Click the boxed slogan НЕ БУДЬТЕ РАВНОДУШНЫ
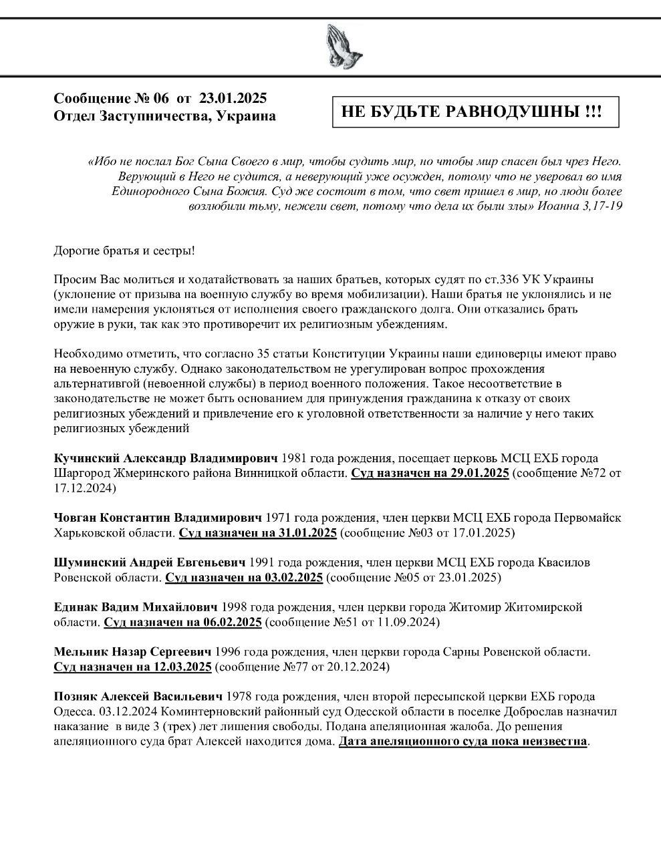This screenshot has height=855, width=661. [x=472, y=112]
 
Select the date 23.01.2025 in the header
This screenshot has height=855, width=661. [x=233, y=98]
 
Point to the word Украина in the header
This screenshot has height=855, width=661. [x=247, y=116]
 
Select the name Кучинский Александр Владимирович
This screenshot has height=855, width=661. [x=165, y=458]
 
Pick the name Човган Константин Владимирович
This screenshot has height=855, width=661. [x=158, y=518]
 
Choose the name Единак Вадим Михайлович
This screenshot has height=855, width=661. [x=136, y=607]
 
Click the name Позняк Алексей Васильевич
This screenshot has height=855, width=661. [x=138, y=696]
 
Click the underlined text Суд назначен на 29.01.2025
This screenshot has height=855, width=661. [x=430, y=474]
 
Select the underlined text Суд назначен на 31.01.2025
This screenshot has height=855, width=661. [x=257, y=533]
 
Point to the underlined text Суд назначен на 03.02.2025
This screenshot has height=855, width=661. [x=244, y=577]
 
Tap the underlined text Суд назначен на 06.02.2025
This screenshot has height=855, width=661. [x=182, y=623]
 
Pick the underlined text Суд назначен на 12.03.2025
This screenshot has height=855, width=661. [x=132, y=667]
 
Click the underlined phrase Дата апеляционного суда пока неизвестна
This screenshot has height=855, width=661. [x=463, y=741]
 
